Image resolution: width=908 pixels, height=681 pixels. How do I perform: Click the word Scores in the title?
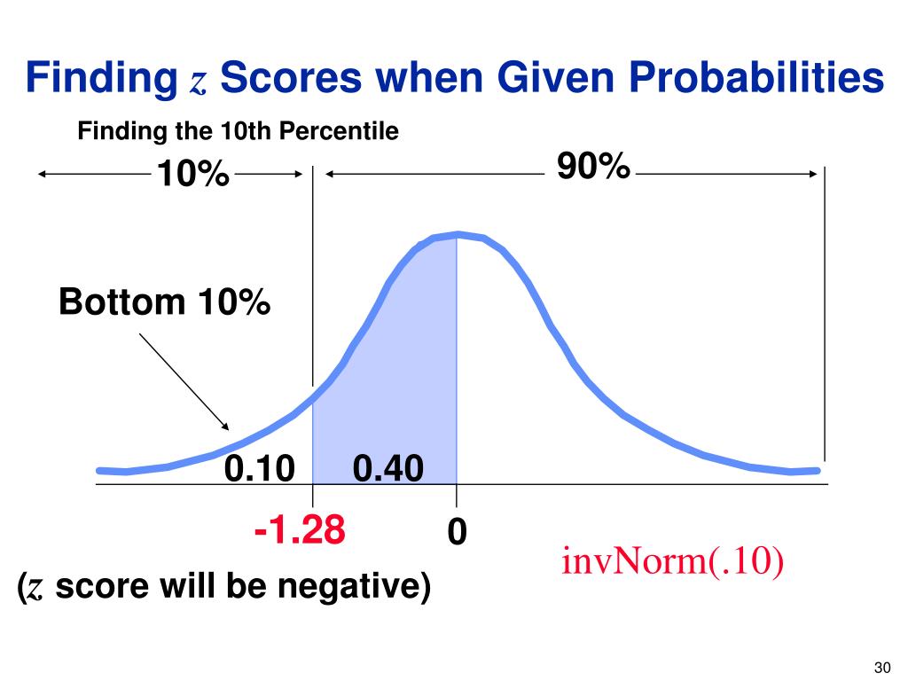point(290,79)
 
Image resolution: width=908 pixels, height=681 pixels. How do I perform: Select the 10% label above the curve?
point(193,175)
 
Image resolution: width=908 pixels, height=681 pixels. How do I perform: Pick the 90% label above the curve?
point(593,166)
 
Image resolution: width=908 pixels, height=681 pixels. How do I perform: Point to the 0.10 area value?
point(259,467)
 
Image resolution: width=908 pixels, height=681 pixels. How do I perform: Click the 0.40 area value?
point(388,467)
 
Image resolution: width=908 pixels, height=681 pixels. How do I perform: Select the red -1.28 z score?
point(299,531)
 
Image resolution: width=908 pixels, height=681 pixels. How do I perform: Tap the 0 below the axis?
point(457,532)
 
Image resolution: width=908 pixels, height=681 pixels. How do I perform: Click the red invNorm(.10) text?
point(672,562)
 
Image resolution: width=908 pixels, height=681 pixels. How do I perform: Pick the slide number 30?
point(881,667)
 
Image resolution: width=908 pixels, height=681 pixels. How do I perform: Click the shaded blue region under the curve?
point(399,372)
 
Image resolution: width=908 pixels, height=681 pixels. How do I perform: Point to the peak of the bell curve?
point(457,234)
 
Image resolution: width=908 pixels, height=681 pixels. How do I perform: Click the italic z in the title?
point(198,83)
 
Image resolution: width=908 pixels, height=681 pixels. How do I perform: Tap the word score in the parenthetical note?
point(94,587)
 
